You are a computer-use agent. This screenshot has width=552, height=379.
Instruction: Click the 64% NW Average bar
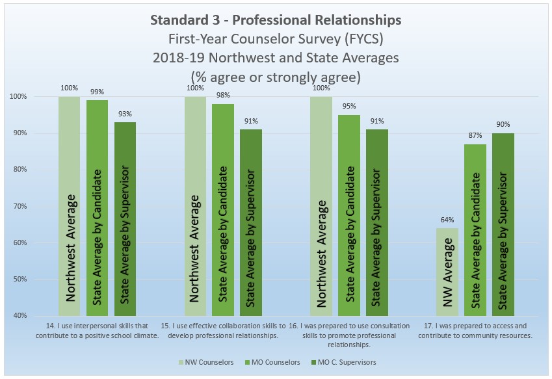tap(448, 272)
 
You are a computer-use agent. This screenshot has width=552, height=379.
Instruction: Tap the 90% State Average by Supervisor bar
tap(503, 224)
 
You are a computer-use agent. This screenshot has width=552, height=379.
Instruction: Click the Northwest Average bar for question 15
tap(195, 206)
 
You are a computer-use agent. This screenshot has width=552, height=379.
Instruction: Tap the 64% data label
tap(448, 220)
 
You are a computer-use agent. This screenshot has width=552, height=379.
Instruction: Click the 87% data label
tap(475, 136)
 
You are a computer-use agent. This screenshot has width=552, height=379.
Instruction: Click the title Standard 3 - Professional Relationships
tap(275, 20)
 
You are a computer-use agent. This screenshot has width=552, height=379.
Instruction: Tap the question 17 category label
tap(475, 330)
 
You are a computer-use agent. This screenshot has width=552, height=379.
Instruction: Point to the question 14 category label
tap(98, 330)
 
